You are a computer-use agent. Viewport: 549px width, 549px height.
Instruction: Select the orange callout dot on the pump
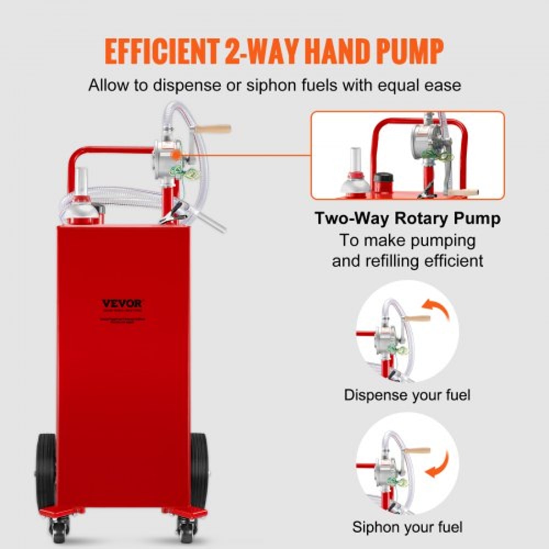(175, 155)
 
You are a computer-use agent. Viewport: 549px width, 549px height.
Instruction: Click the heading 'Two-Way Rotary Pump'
(407, 219)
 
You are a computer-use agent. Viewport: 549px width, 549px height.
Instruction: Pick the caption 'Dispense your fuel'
(407, 395)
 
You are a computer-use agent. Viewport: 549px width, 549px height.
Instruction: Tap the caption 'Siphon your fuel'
(407, 528)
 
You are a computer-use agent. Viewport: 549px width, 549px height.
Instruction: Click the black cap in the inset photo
(383, 180)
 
